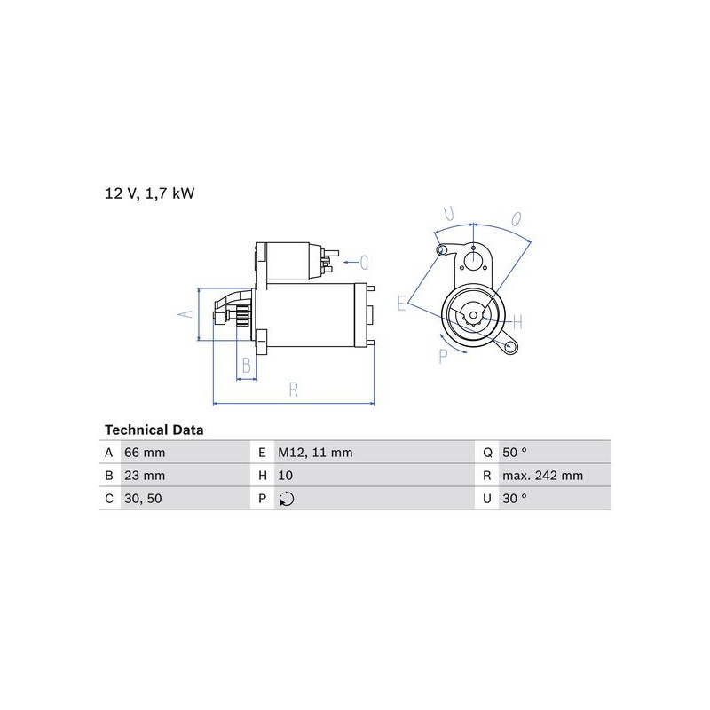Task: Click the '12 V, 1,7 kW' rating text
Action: pos(149,193)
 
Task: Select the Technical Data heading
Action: pos(154,430)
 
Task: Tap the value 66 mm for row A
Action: pos(145,453)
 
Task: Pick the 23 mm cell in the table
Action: pos(145,476)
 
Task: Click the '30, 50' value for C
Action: pos(143,499)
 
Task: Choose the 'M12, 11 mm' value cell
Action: pos(315,453)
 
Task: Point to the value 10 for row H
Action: pos(285,476)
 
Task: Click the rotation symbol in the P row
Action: pos(286,499)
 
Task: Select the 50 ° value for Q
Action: pos(515,453)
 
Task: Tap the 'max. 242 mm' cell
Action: pos(542,476)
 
